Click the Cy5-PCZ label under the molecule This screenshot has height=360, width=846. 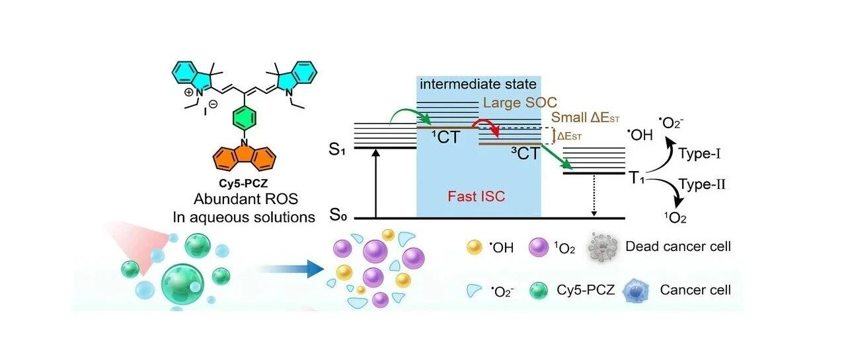point(243,184)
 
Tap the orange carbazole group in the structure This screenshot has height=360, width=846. point(245,158)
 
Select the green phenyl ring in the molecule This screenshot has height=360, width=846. point(245,118)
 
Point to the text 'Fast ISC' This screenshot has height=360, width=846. point(477,196)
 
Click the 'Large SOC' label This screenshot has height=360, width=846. point(520,102)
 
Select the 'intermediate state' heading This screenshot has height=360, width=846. point(478,84)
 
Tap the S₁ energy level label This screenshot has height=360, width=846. point(337,150)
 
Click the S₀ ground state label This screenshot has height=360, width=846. point(338,215)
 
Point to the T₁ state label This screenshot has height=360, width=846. point(636,178)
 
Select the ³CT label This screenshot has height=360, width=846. point(525,154)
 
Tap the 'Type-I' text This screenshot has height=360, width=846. point(699,154)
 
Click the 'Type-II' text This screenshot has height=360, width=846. point(702,184)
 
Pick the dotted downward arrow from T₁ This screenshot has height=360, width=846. point(594,196)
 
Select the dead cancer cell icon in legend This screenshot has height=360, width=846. point(602,247)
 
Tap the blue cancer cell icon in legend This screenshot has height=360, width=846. point(636,291)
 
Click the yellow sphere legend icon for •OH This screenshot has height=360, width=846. point(474,248)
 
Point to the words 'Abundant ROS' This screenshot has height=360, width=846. point(246,199)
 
